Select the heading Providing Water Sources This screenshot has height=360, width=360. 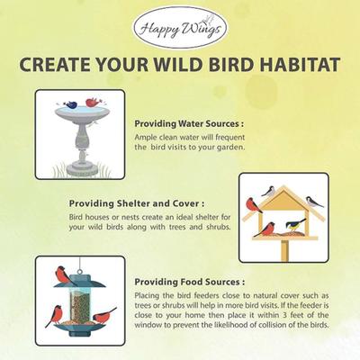coord(188,123)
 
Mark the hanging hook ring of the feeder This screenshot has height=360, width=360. coord(79,259)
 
